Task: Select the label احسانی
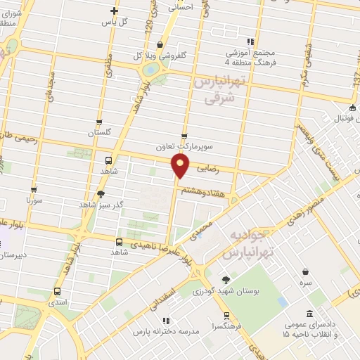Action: click(x=181, y=7)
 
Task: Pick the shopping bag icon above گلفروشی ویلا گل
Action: click(x=161, y=44)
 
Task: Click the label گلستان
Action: click(x=100, y=133)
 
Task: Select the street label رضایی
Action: click(x=210, y=169)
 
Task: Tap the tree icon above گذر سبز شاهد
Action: click(x=101, y=194)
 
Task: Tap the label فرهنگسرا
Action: click(x=225, y=327)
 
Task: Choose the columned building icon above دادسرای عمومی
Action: click(x=310, y=314)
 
